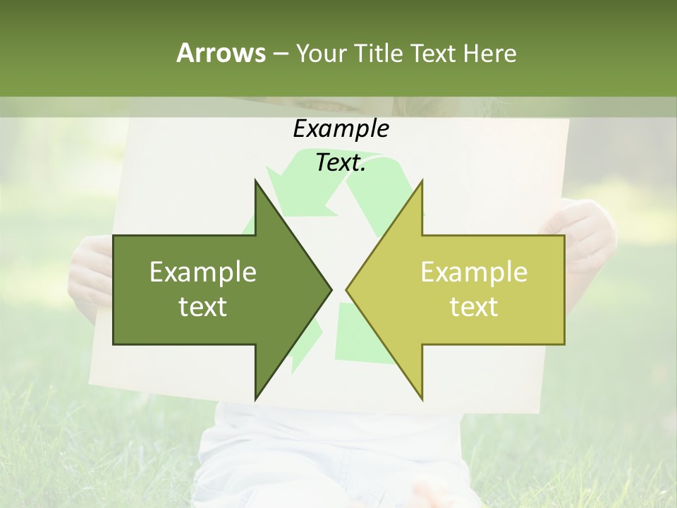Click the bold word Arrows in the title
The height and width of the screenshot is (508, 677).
(x=221, y=53)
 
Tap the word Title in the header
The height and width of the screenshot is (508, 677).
(x=378, y=53)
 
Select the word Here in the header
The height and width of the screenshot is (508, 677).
(x=489, y=53)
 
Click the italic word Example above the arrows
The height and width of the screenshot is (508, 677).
(x=341, y=129)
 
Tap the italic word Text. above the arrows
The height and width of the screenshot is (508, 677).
(x=341, y=163)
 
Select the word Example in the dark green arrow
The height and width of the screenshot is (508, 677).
(x=203, y=272)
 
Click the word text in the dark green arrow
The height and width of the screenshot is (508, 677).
(x=203, y=307)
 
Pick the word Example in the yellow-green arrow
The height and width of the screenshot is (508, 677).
(x=474, y=272)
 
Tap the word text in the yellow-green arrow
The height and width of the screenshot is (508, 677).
(x=474, y=307)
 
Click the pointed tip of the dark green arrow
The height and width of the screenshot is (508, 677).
(x=329, y=289)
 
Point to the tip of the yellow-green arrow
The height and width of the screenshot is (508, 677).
(x=348, y=289)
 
